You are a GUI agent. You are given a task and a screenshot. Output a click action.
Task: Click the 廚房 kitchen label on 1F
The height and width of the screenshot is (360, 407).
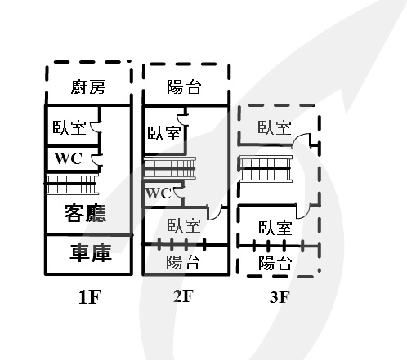tap(88, 87)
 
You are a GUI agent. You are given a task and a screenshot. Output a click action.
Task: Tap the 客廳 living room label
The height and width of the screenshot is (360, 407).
tap(85, 213)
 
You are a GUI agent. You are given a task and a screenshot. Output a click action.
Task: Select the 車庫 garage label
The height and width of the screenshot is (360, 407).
tap(91, 253)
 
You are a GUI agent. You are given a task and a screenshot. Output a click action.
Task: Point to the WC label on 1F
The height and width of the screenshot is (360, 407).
tap(68, 158)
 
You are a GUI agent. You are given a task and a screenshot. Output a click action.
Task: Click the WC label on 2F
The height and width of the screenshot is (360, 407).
tap(159, 193)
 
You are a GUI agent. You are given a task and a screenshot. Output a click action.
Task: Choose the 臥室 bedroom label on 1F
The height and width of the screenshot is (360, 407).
tap(69, 127)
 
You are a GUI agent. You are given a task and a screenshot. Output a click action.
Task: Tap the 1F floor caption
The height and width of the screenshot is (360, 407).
tap(90, 297)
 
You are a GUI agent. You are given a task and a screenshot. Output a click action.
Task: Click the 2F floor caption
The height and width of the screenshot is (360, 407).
tap(183, 296)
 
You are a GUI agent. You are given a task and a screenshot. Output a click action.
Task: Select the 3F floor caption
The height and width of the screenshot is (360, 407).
tap(280, 297)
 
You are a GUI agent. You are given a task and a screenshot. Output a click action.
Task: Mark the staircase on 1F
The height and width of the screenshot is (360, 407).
tap(72, 184)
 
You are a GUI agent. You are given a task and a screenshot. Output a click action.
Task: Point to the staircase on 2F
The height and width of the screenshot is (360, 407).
tap(170, 168)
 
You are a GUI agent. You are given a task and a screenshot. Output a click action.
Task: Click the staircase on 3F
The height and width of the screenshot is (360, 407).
tap(266, 169)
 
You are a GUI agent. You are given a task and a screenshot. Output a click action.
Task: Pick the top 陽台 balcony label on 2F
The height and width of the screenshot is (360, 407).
tap(184, 87)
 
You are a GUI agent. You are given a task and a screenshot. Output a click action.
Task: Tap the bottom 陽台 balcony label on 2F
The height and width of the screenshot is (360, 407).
tap(183, 262)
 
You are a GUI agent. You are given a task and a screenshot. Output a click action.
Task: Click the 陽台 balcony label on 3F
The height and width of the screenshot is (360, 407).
tap(275, 263)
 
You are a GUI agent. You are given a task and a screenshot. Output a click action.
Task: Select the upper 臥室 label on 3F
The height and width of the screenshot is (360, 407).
tap(275, 127)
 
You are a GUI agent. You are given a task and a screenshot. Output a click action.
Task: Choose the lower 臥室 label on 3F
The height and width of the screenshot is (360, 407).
tap(275, 228)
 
